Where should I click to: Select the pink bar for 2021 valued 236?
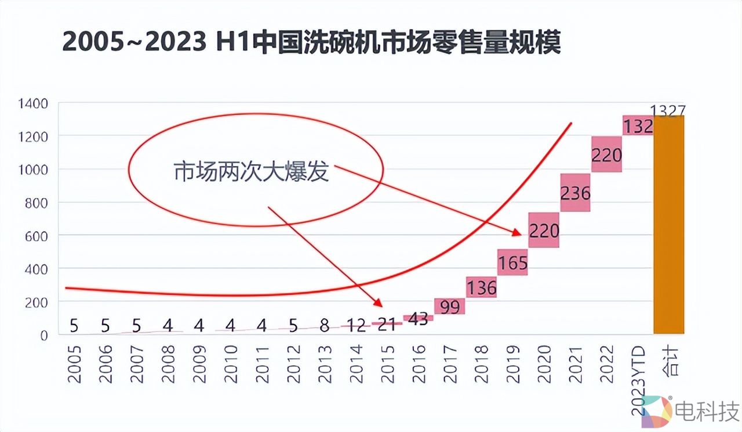[x=575, y=192]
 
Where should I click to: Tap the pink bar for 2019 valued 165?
[x=512, y=262]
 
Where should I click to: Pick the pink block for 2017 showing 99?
[x=449, y=306]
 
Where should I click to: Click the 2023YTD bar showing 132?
[x=638, y=125]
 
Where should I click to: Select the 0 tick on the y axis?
[x=45, y=335]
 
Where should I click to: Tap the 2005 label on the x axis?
[x=74, y=365]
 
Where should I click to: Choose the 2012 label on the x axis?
[x=293, y=365]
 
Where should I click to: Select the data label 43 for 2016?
[x=418, y=319]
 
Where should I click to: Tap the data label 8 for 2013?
[x=325, y=326]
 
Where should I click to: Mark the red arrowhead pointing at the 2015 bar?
[x=379, y=303]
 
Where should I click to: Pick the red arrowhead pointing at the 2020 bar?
[x=517, y=233]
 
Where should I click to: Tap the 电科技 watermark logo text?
[x=707, y=411]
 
